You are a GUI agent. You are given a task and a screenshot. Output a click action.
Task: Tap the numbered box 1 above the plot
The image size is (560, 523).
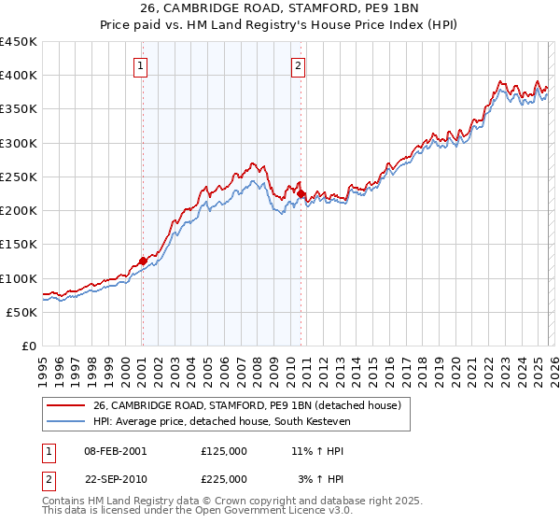click(141, 65)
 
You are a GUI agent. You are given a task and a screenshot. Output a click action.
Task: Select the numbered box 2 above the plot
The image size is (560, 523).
click(298, 65)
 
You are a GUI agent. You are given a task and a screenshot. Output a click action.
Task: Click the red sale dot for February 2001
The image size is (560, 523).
click(143, 261)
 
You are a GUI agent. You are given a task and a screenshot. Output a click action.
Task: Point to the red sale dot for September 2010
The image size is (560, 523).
click(301, 193)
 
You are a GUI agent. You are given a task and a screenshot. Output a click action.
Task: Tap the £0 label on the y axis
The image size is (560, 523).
click(29, 346)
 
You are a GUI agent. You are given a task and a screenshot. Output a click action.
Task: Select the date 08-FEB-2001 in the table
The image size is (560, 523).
click(115, 450)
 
